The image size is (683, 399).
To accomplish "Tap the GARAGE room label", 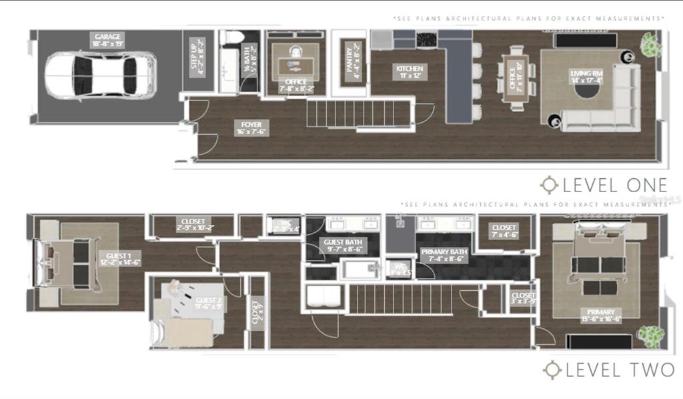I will coord(108,40).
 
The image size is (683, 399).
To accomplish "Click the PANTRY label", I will coord(352,61).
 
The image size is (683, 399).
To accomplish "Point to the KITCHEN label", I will coord(410,72).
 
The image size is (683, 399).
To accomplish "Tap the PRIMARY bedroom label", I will coord(592,315).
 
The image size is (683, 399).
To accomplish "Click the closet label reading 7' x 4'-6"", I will coord(504,231).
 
